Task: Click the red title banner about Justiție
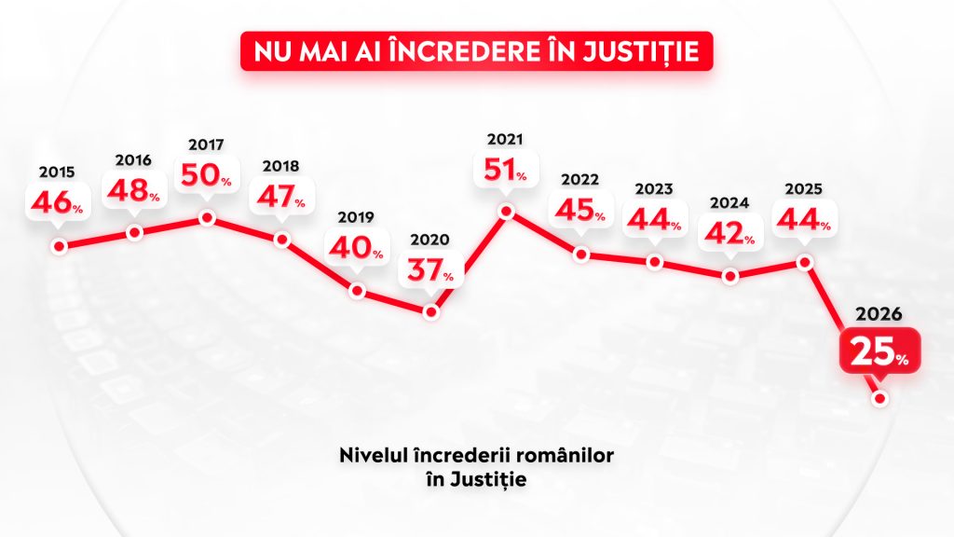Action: [476, 52]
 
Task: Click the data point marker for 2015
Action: [59, 247]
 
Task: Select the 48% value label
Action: [133, 191]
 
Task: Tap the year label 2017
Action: [206, 145]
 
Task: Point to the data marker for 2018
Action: [283, 240]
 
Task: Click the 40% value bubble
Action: [355, 247]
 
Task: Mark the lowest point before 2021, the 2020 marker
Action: [430, 312]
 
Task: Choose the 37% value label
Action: [429, 270]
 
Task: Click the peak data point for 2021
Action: [506, 212]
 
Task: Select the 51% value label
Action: [506, 171]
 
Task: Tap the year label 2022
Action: [580, 180]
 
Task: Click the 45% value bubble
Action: [580, 212]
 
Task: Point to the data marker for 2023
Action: [655, 262]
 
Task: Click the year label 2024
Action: [730, 202]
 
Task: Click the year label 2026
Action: [879, 314]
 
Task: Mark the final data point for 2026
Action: [879, 398]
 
